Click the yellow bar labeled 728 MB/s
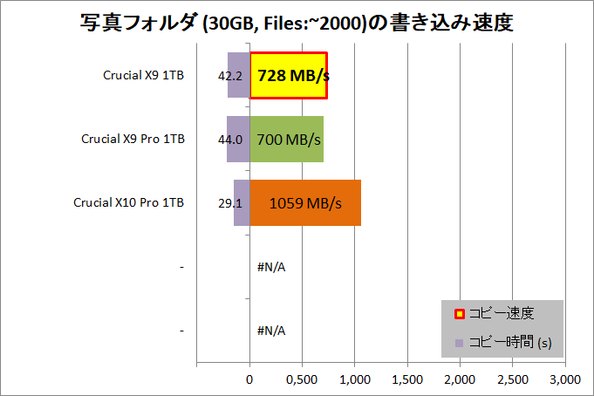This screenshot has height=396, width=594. (289, 75)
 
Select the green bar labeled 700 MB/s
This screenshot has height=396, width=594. (286, 139)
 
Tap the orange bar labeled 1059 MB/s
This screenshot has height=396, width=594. (305, 202)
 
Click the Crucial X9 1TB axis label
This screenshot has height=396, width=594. (144, 75)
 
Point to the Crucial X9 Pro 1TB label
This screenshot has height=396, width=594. (133, 139)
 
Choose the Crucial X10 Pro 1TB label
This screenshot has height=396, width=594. (129, 202)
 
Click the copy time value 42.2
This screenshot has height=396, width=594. (230, 76)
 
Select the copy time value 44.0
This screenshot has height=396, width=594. (230, 140)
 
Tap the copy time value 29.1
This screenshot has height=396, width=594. (230, 203)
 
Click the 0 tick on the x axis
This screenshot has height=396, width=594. (249, 379)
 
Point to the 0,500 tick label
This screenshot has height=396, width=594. (302, 379)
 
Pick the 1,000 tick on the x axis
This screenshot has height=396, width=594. (355, 379)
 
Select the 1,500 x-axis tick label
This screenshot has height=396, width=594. (407, 379)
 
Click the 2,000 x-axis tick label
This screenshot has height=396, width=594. (460, 379)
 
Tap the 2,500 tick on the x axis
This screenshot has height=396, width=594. (513, 379)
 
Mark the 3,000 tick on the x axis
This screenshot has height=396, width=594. (565, 379)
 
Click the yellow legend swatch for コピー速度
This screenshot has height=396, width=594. (460, 314)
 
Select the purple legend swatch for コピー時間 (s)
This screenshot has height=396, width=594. (459, 344)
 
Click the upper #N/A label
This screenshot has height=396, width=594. (271, 267)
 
